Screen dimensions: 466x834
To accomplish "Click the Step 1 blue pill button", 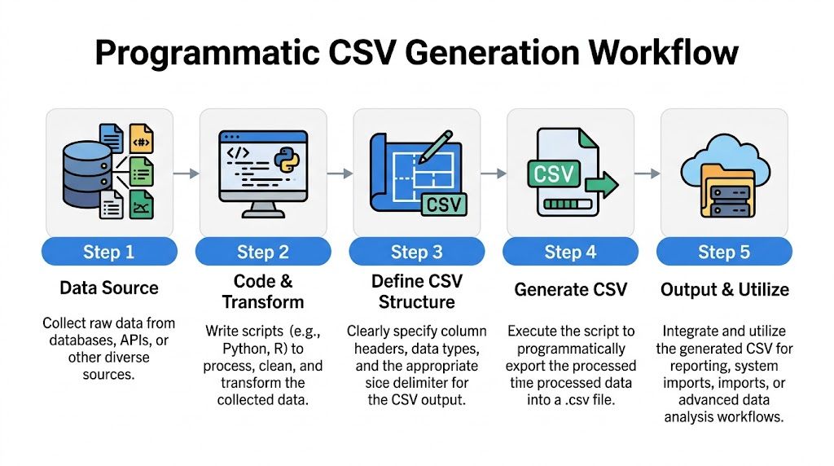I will [x=108, y=252].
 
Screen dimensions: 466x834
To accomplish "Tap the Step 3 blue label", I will [x=416, y=252].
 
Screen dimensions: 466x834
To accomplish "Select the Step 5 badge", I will [x=723, y=252].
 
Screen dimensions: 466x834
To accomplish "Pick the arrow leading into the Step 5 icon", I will [x=647, y=174].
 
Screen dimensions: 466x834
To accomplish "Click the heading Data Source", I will [x=108, y=288].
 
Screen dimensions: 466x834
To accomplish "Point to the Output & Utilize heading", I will [x=724, y=289].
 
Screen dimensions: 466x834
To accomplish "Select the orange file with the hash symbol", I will [x=141, y=139].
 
